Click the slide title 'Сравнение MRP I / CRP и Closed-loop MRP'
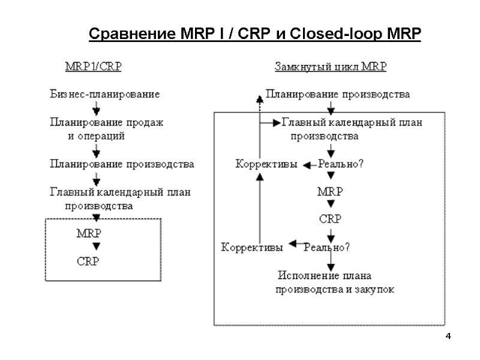tap(255, 34)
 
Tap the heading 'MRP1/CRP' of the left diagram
tap(93, 67)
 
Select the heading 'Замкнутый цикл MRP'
tap(331, 67)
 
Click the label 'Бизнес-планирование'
tap(104, 94)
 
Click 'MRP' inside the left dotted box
tap(89, 233)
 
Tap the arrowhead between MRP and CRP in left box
tap(97, 247)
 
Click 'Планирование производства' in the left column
tap(122, 163)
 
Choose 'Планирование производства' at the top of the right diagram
tap(338, 94)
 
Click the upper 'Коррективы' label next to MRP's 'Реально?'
tap(266, 164)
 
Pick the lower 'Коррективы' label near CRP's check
tap(253, 246)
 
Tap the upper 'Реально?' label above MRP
tap(340, 164)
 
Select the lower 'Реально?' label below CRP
tap(327, 246)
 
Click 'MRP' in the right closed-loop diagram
tap(330, 192)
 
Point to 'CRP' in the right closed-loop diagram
tap(330, 219)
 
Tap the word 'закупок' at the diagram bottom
tap(374, 290)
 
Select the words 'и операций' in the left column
tap(96, 136)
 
